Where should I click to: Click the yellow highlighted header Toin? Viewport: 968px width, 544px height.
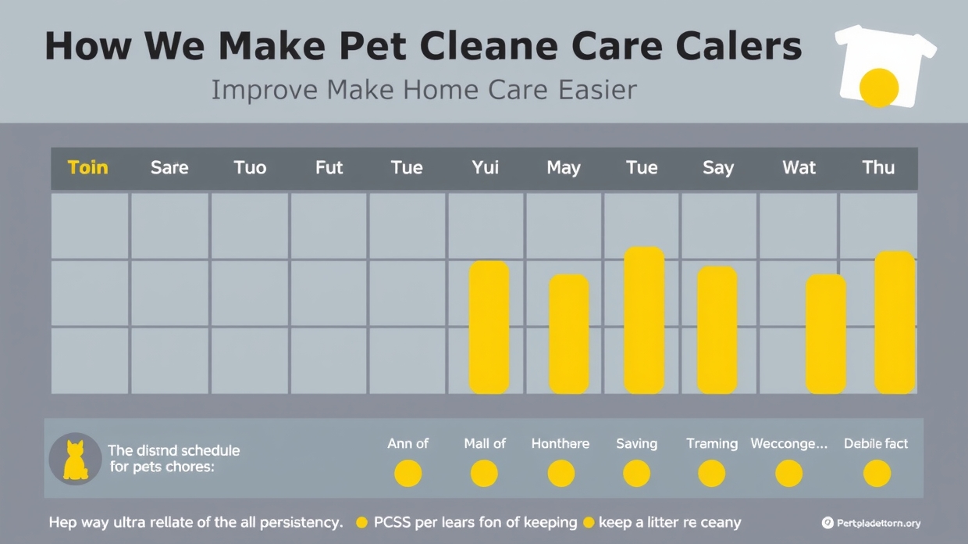tap(87, 167)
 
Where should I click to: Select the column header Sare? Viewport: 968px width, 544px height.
tap(169, 167)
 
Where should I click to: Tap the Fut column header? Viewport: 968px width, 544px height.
tap(329, 167)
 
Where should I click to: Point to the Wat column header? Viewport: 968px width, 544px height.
tap(799, 167)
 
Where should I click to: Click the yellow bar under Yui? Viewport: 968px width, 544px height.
tap(489, 327)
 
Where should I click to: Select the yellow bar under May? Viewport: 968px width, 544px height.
tap(568, 334)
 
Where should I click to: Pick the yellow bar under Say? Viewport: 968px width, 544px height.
tap(717, 330)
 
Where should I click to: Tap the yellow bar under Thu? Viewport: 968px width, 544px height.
tap(894, 322)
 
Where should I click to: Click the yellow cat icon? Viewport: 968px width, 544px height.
tap(75, 460)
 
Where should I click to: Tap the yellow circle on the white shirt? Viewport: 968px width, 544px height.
tap(879, 87)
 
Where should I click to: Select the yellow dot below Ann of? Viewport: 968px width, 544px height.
tap(407, 473)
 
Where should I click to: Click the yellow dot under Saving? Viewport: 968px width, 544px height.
tap(636, 473)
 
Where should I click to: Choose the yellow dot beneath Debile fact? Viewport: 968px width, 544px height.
tap(877, 473)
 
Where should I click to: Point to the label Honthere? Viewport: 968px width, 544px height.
tap(560, 443)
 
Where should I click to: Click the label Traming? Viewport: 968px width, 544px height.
tap(711, 443)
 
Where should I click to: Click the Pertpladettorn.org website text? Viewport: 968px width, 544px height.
tap(878, 523)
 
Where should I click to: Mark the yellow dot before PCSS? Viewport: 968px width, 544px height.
tap(361, 522)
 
